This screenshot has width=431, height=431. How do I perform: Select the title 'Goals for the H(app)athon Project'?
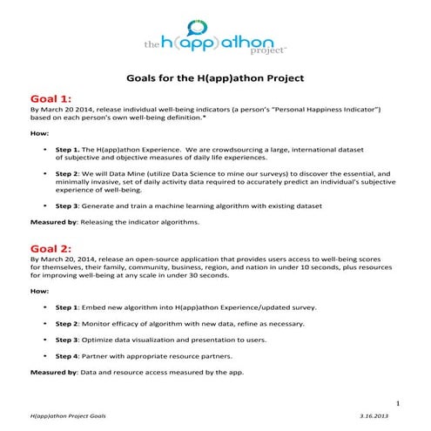coord(215,78)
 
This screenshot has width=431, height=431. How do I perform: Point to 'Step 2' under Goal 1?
coord(71,173)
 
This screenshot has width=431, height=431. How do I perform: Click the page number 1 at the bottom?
coord(397,404)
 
